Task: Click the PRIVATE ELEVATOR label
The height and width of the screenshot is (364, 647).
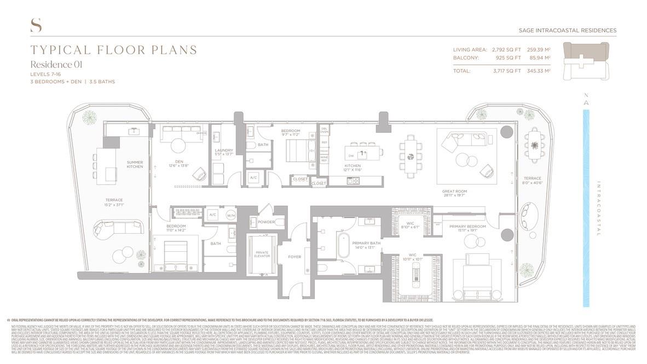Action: pyautogui.click(x=262, y=255)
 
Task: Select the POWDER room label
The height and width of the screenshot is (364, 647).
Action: pyautogui.click(x=266, y=222)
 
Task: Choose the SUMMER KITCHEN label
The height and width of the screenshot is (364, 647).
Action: pyautogui.click(x=135, y=164)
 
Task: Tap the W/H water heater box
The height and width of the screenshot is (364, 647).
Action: pyautogui.click(x=230, y=215)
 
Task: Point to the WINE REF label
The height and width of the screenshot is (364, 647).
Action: pyautogui.click(x=324, y=159)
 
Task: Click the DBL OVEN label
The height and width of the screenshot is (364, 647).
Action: pyautogui.click(x=324, y=130)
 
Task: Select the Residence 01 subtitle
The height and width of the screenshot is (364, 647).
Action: pyautogui.click(x=56, y=65)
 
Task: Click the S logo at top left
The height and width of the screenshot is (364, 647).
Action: pyautogui.click(x=36, y=25)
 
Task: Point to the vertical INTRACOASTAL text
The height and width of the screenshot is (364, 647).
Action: pyautogui.click(x=599, y=209)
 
